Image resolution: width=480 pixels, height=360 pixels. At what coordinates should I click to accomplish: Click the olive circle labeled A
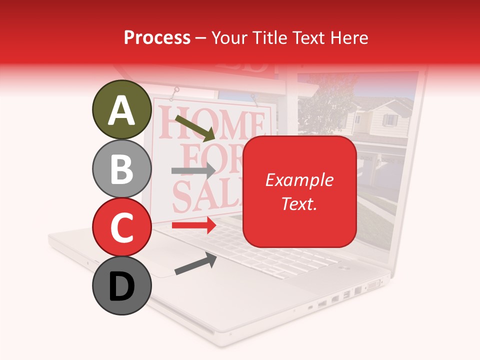click(121, 110)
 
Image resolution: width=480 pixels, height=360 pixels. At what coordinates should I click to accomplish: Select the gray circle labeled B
click(121, 169)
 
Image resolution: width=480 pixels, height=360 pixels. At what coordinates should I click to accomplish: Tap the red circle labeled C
click(121, 227)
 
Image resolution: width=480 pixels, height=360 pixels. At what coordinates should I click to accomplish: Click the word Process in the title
click(157, 37)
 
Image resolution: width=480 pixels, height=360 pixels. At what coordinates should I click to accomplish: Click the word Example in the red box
click(299, 180)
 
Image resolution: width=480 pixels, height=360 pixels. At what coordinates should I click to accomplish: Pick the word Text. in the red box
click(299, 203)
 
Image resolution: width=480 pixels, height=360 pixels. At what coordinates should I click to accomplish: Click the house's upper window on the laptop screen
click(389, 120)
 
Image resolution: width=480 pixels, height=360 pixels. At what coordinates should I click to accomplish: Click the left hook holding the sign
click(176, 93)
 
